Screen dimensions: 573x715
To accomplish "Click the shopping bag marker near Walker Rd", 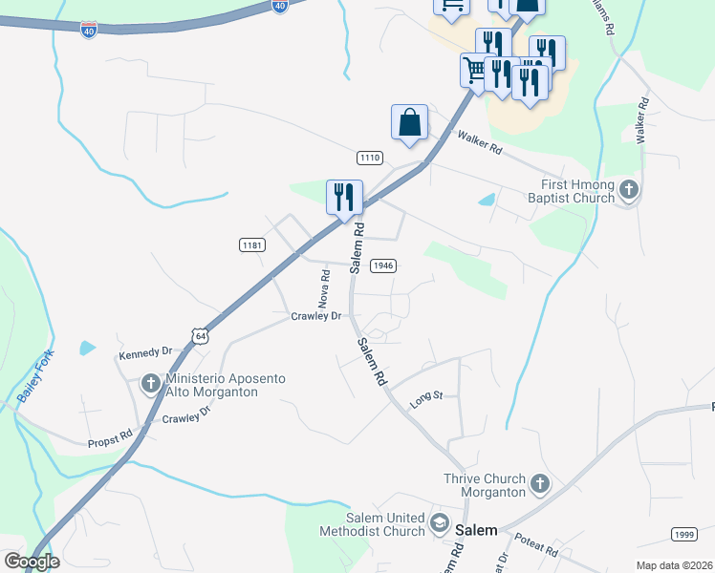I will tap(409, 124).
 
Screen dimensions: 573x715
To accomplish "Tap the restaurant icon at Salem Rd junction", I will tap(344, 198).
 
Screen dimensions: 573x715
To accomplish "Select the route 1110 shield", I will tap(370, 157).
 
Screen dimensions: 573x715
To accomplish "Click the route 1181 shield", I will tap(251, 245).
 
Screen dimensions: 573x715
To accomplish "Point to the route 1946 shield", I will tap(382, 265).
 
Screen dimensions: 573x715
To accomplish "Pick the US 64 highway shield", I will tap(199, 336).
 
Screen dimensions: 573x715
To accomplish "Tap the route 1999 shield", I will tap(682, 534).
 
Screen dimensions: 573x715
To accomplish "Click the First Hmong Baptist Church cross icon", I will tap(628, 189).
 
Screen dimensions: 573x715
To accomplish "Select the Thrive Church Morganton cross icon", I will tap(539, 484).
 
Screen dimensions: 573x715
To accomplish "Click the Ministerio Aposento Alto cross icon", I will tap(150, 384).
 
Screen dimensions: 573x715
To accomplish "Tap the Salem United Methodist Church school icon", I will tap(439, 522).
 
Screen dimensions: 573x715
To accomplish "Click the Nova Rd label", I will tap(325, 286).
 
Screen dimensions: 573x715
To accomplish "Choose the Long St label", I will tap(426, 400).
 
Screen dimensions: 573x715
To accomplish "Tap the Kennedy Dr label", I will tap(144, 353).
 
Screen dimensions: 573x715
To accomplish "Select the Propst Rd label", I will tap(108, 440).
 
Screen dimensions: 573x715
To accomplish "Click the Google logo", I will tap(31, 562).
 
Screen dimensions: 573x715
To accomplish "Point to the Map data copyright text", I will tap(674, 565).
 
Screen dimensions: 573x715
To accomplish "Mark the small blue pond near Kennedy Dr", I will tap(88, 349).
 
